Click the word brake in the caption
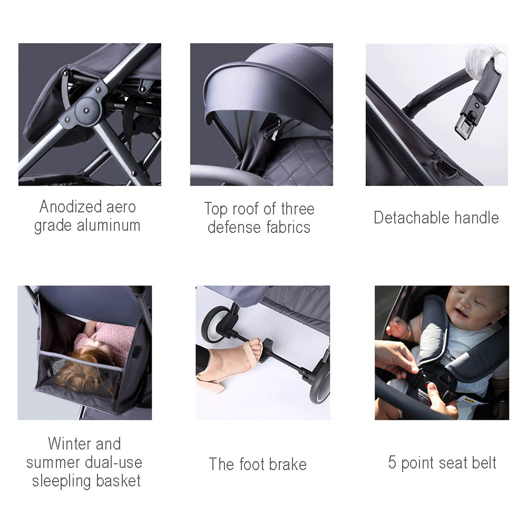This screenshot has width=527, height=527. pyautogui.click(x=287, y=464)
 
